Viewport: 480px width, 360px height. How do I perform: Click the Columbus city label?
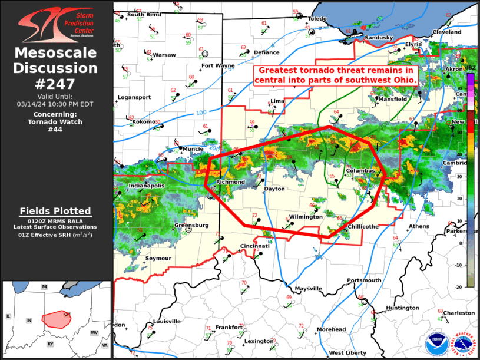pyautogui.click(x=360, y=171)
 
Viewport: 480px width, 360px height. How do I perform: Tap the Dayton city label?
pyautogui.click(x=274, y=189)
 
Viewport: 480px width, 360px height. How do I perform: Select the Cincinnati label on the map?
pyautogui.click(x=254, y=246)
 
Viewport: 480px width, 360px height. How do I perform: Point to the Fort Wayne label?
pyautogui.click(x=218, y=65)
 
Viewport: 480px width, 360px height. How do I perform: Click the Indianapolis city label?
pyautogui.click(x=144, y=186)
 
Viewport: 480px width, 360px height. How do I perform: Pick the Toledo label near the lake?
pyautogui.click(x=316, y=19)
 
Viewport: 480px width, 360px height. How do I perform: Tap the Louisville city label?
pyautogui.click(x=167, y=322)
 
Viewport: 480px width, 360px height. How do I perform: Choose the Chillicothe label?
pyautogui.click(x=363, y=227)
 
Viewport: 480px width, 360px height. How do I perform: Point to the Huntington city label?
pyautogui.click(x=403, y=308)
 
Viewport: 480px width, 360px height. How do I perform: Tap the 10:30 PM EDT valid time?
pyautogui.click(x=55, y=104)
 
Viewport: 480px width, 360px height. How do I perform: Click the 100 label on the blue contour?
pyautogui.click(x=201, y=113)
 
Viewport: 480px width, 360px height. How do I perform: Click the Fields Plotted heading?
pyautogui.click(x=55, y=211)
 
